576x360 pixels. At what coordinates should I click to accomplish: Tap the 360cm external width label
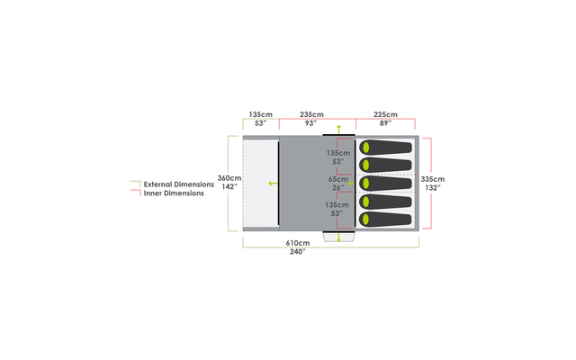click(x=229, y=178)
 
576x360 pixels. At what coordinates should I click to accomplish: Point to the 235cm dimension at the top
click(x=312, y=115)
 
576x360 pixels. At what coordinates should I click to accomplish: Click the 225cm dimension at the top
click(x=385, y=115)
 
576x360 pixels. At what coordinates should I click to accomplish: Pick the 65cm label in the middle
click(x=338, y=179)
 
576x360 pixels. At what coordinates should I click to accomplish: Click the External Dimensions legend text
click(x=178, y=184)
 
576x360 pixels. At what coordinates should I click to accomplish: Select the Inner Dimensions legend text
click(x=173, y=193)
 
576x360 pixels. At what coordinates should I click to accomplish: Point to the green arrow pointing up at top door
click(x=338, y=130)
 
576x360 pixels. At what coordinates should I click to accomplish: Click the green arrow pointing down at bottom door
click(x=338, y=238)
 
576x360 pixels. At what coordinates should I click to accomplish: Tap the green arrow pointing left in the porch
click(x=270, y=184)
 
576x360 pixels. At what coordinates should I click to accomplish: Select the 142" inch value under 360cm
click(x=229, y=187)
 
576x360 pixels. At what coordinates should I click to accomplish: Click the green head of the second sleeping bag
click(x=366, y=166)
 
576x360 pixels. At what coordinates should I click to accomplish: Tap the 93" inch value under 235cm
click(x=312, y=123)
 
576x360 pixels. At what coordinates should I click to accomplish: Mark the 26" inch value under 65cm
click(x=338, y=187)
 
